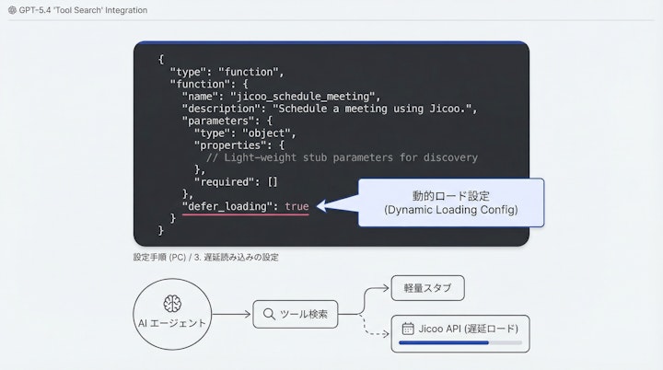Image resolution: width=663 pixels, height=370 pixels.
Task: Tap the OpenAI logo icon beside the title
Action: coord(12,10)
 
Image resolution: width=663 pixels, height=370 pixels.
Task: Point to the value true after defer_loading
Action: coord(297,206)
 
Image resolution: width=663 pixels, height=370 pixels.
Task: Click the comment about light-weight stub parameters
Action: coord(342,157)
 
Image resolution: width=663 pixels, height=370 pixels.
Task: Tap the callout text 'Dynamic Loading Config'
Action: coord(451,211)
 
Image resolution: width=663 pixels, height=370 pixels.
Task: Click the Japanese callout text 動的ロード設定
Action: coord(450,195)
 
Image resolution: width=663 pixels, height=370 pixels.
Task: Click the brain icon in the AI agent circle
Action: coord(169,304)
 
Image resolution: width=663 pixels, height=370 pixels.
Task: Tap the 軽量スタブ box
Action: coord(427,288)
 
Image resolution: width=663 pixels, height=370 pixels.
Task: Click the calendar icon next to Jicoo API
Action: coord(408,329)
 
